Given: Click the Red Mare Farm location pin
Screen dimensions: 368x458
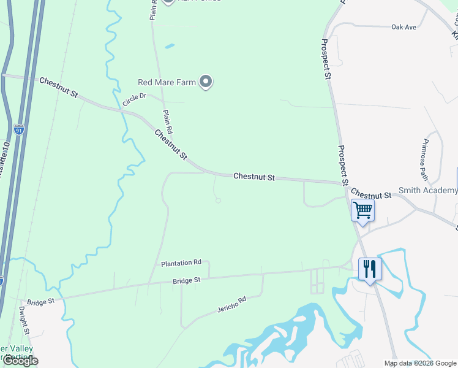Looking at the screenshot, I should point(206,82).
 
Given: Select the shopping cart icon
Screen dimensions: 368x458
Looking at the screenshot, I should point(362,210).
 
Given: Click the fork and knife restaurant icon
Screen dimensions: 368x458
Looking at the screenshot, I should point(370,269).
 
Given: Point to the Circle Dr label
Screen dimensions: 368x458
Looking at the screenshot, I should point(135,100).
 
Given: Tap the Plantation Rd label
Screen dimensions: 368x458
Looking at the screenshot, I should point(181,263).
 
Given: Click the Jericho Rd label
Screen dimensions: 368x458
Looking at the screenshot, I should point(231,304).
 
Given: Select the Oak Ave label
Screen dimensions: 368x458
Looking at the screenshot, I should point(404,28).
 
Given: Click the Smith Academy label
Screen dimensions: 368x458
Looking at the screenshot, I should point(428,191).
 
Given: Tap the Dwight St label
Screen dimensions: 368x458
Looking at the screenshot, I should point(24,321).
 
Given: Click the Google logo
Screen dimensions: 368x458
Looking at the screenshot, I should point(20,361).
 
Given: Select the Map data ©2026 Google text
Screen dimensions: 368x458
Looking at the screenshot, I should point(420,363).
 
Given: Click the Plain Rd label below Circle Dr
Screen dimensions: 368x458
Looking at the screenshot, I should point(168,121).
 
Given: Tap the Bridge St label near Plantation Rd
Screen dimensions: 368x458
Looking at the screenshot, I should point(186,280).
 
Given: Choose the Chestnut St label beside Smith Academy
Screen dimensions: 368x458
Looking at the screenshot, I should point(371,195).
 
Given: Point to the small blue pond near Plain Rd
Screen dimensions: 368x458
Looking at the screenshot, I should point(170,45).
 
